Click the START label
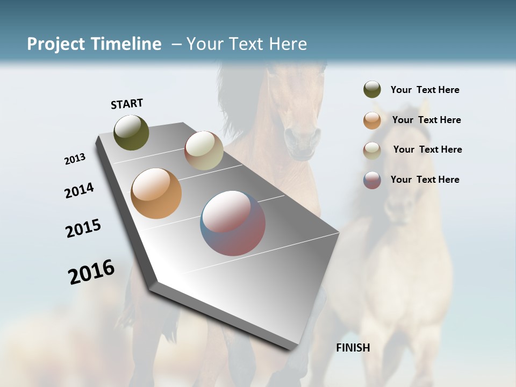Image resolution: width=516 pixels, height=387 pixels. (x=127, y=104)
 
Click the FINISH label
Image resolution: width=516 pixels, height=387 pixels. (x=353, y=348)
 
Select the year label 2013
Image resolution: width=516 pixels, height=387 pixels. (x=75, y=159)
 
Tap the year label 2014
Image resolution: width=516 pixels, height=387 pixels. (x=79, y=190)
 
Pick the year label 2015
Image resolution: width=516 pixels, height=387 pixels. (x=83, y=228)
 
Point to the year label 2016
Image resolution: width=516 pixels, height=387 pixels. (x=91, y=272)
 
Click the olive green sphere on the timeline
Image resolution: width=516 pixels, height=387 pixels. (x=132, y=133)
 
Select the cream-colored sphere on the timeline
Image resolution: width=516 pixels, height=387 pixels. (x=204, y=150)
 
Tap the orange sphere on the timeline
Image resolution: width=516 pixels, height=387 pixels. (x=156, y=193)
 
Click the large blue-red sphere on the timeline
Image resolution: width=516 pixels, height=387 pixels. (x=233, y=223)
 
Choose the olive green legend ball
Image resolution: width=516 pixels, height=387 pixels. (x=372, y=89)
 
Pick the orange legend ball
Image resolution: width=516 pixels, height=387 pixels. (x=372, y=120)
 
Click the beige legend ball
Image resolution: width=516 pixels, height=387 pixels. (x=372, y=150)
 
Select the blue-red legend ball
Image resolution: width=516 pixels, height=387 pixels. (x=372, y=180)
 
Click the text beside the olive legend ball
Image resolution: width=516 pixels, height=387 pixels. (x=425, y=90)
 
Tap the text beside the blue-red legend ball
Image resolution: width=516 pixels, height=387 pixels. (x=425, y=180)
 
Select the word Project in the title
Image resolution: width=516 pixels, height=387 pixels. (x=55, y=44)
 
